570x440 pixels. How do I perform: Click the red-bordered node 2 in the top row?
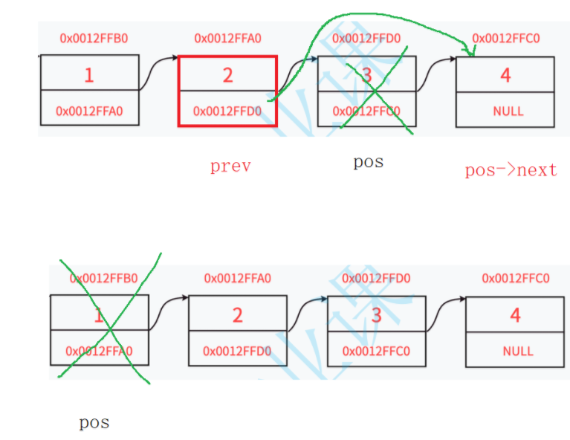227,91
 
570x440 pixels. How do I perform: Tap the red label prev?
230,166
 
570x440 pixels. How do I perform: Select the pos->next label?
511,170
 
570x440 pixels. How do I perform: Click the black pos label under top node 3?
369,161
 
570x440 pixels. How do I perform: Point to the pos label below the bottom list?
94,423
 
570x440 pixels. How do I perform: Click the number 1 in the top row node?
89,74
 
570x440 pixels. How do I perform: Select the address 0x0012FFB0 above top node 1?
89,38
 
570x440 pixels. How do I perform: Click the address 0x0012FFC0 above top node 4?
506,38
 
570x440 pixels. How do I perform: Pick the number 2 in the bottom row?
237,314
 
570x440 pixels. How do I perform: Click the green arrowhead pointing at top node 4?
470,51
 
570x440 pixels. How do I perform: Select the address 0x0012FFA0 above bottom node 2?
237,279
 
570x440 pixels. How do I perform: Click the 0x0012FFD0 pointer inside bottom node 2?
237,351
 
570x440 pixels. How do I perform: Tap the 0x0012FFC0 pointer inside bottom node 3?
376,351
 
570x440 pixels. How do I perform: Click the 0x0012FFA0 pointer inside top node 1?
89,111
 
